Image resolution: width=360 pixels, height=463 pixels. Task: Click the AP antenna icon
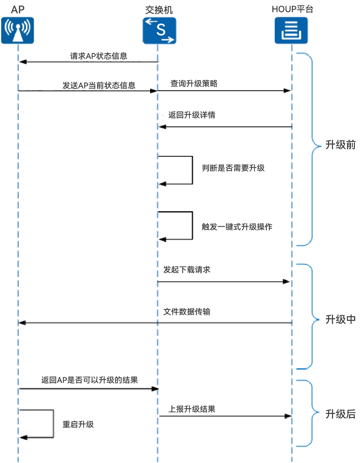pos(17,31)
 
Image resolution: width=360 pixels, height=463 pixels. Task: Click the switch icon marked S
pos(159,31)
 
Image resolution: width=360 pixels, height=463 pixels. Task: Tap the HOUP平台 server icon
pos(291,31)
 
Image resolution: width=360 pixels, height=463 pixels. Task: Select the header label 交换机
pos(159,9)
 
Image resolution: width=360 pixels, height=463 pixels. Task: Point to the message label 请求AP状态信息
pos(99,56)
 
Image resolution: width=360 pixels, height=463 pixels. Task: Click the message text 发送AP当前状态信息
pos(99,85)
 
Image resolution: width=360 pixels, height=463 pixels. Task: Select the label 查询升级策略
pos(194,83)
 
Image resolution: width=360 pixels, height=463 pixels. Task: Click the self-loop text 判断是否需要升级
pos(233,168)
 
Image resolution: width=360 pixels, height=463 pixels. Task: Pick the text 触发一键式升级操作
pos(237,227)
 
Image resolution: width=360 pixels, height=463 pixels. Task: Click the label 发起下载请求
pos(187,270)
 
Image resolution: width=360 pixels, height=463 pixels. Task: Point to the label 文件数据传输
pos(187,311)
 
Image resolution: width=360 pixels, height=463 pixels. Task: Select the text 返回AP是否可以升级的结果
pos(90,380)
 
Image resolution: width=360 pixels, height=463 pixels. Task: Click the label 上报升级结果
pos(192,409)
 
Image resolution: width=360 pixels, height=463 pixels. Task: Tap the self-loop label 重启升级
pos(78,424)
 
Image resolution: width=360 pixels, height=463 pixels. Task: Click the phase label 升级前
pos(340,145)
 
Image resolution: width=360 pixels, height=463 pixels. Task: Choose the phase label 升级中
pos(340,319)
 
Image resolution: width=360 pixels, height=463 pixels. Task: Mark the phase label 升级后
pos(340,414)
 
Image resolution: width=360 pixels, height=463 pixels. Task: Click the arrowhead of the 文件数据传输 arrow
pos(22,323)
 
